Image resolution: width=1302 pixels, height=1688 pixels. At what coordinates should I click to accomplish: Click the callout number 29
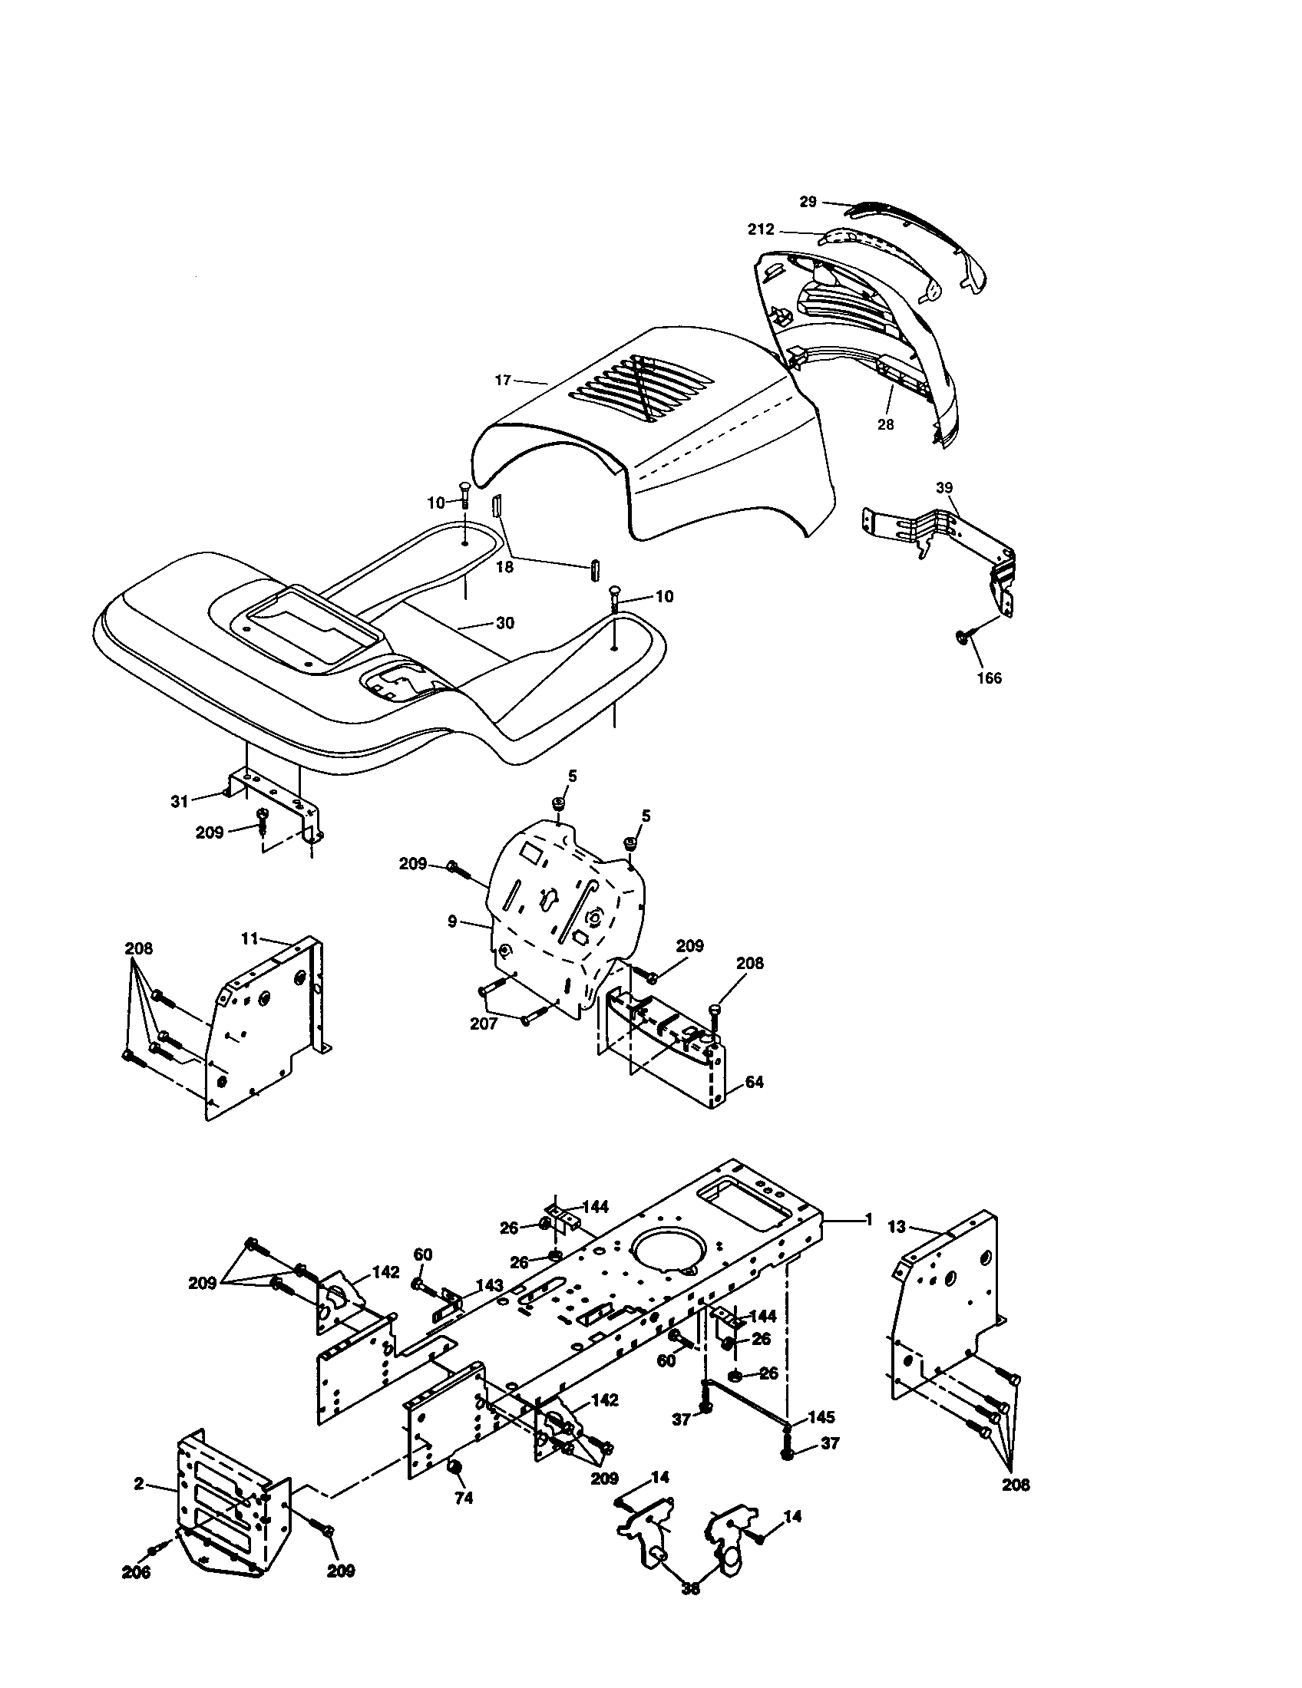point(807,202)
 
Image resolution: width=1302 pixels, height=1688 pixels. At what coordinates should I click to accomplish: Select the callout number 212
point(761,229)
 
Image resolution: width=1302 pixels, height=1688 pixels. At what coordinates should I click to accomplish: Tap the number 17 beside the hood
point(503,380)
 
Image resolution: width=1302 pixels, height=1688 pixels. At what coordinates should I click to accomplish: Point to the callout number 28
point(885,424)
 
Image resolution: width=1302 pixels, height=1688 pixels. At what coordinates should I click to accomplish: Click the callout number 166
point(989,678)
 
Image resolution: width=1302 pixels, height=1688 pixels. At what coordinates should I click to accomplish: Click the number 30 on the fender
point(504,623)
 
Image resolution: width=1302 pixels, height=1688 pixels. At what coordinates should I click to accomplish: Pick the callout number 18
point(504,566)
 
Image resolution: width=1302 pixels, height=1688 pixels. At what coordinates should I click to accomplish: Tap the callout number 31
point(180,802)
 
